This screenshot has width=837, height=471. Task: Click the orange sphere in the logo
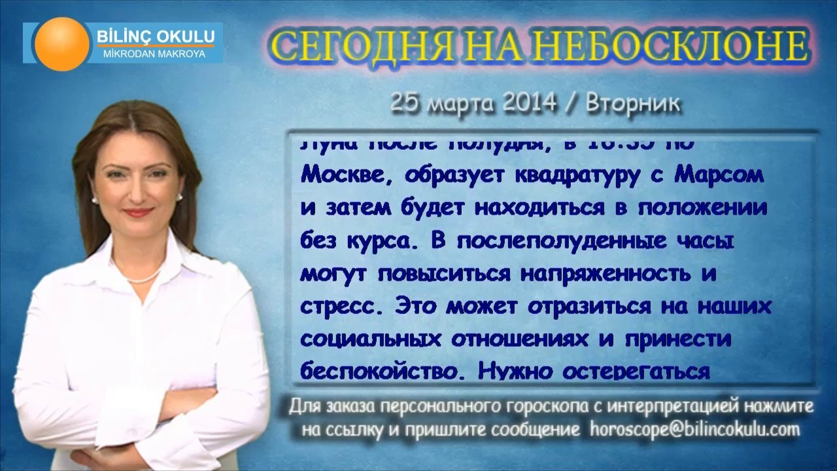pyautogui.click(x=63, y=44)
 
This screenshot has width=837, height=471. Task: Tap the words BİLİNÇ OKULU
pyautogui.click(x=154, y=36)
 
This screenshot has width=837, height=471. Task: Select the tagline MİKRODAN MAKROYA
pyautogui.click(x=154, y=54)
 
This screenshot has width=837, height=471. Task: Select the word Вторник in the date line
pyautogui.click(x=633, y=103)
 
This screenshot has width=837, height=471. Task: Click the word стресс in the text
pyautogui.click(x=345, y=307)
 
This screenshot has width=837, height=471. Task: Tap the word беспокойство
pyautogui.click(x=383, y=371)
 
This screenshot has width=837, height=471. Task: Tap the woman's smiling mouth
pyautogui.click(x=137, y=212)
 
